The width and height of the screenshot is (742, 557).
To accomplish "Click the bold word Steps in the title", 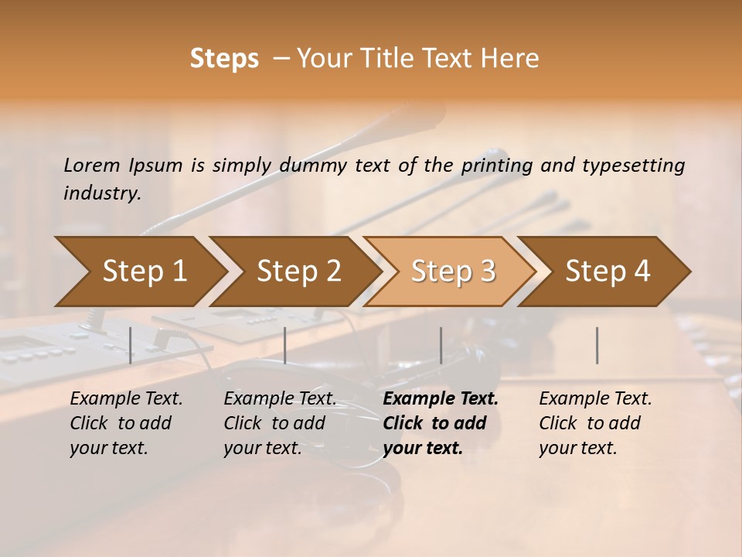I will coord(224,59).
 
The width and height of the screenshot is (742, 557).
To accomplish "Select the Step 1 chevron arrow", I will coord(144,271).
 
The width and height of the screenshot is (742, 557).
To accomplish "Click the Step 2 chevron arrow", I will coord(298,271).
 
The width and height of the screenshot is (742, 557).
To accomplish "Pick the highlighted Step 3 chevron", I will coord(453,271).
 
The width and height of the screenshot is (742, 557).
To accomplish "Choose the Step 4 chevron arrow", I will coord(608,271).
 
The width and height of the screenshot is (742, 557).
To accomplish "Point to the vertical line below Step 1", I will coord(131,345).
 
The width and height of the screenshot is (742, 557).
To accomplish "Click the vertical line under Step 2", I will coord(285,345).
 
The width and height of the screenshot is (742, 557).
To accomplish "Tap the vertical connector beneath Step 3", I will coord(441,345).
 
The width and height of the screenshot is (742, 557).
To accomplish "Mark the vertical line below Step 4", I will coord(597,345).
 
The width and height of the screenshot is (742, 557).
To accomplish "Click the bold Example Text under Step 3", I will coord(441,399).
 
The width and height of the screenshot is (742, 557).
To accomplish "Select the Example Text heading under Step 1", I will coord(126,399).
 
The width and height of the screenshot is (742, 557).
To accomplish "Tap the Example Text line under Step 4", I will coord(595,399).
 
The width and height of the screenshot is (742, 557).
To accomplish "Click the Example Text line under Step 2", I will coord(280,399).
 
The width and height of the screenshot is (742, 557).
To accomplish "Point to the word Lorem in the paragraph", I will coord(92,166).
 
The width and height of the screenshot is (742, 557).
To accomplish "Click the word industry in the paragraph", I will coord(102,193).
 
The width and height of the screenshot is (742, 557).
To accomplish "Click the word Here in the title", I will coord(514,59).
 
